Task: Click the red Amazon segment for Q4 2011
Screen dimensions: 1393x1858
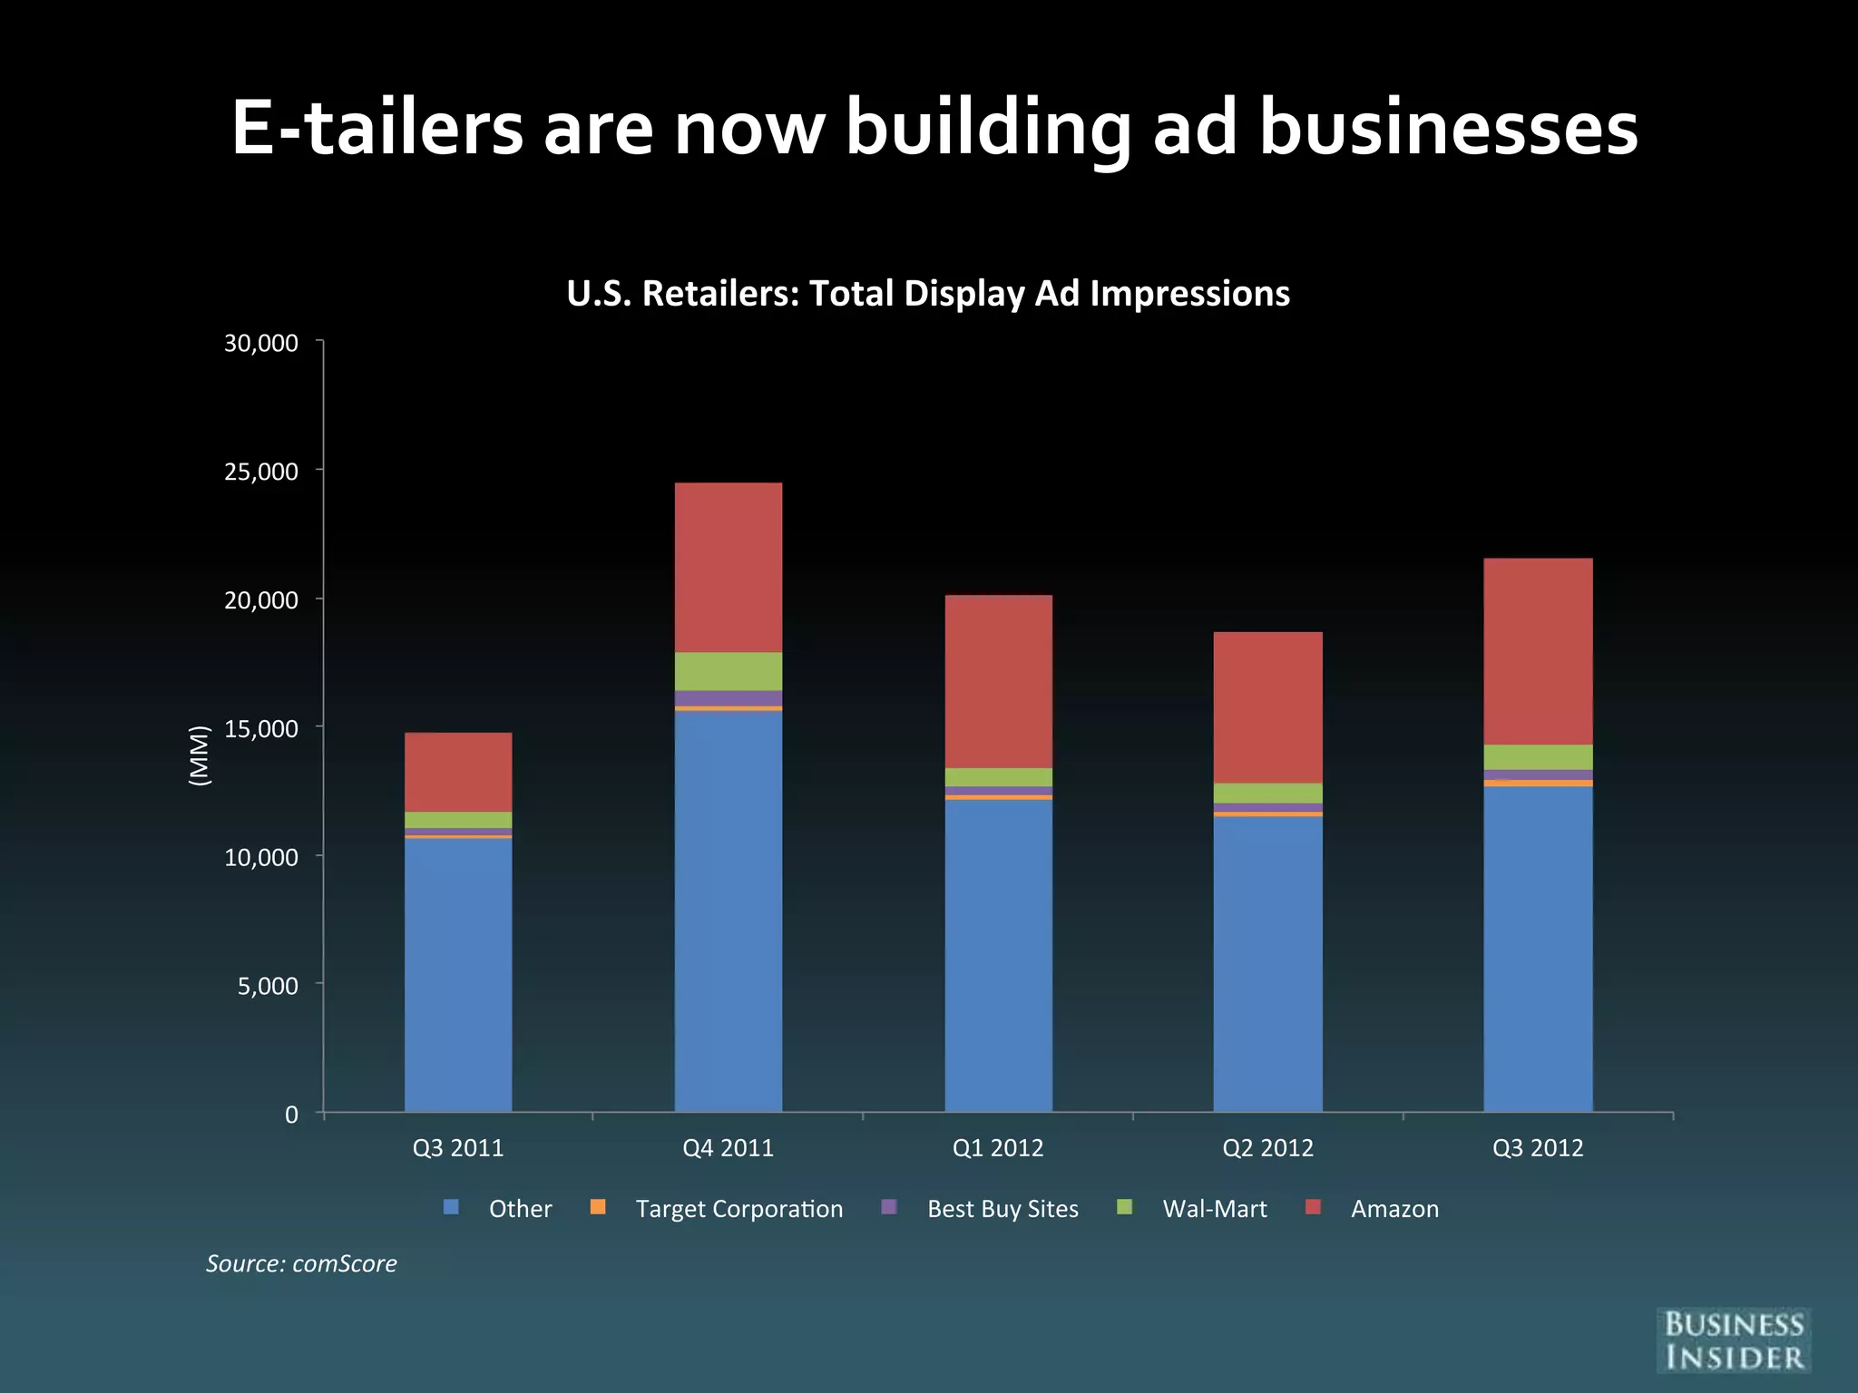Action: (x=729, y=567)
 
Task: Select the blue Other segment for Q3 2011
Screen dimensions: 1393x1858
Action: (x=458, y=974)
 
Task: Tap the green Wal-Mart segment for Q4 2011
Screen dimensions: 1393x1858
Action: (x=729, y=671)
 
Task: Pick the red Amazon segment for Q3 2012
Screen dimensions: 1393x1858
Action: (x=1538, y=651)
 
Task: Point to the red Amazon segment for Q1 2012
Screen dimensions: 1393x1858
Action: (x=998, y=681)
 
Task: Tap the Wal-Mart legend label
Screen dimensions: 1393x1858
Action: (x=1214, y=1209)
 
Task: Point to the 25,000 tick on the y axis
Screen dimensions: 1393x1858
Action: (x=261, y=472)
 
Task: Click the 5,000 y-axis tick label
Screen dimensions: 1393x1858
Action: (x=268, y=986)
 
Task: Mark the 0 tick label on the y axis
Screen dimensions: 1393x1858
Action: (x=291, y=1115)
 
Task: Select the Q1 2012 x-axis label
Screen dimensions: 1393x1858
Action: (x=998, y=1148)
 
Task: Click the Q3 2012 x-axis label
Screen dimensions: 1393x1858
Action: (x=1538, y=1148)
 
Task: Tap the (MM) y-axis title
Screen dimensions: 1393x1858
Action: (x=200, y=755)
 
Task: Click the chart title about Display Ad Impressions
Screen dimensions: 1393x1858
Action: (x=928, y=294)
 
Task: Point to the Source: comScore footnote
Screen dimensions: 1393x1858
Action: (x=301, y=1263)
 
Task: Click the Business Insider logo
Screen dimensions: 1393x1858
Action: (x=1733, y=1340)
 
